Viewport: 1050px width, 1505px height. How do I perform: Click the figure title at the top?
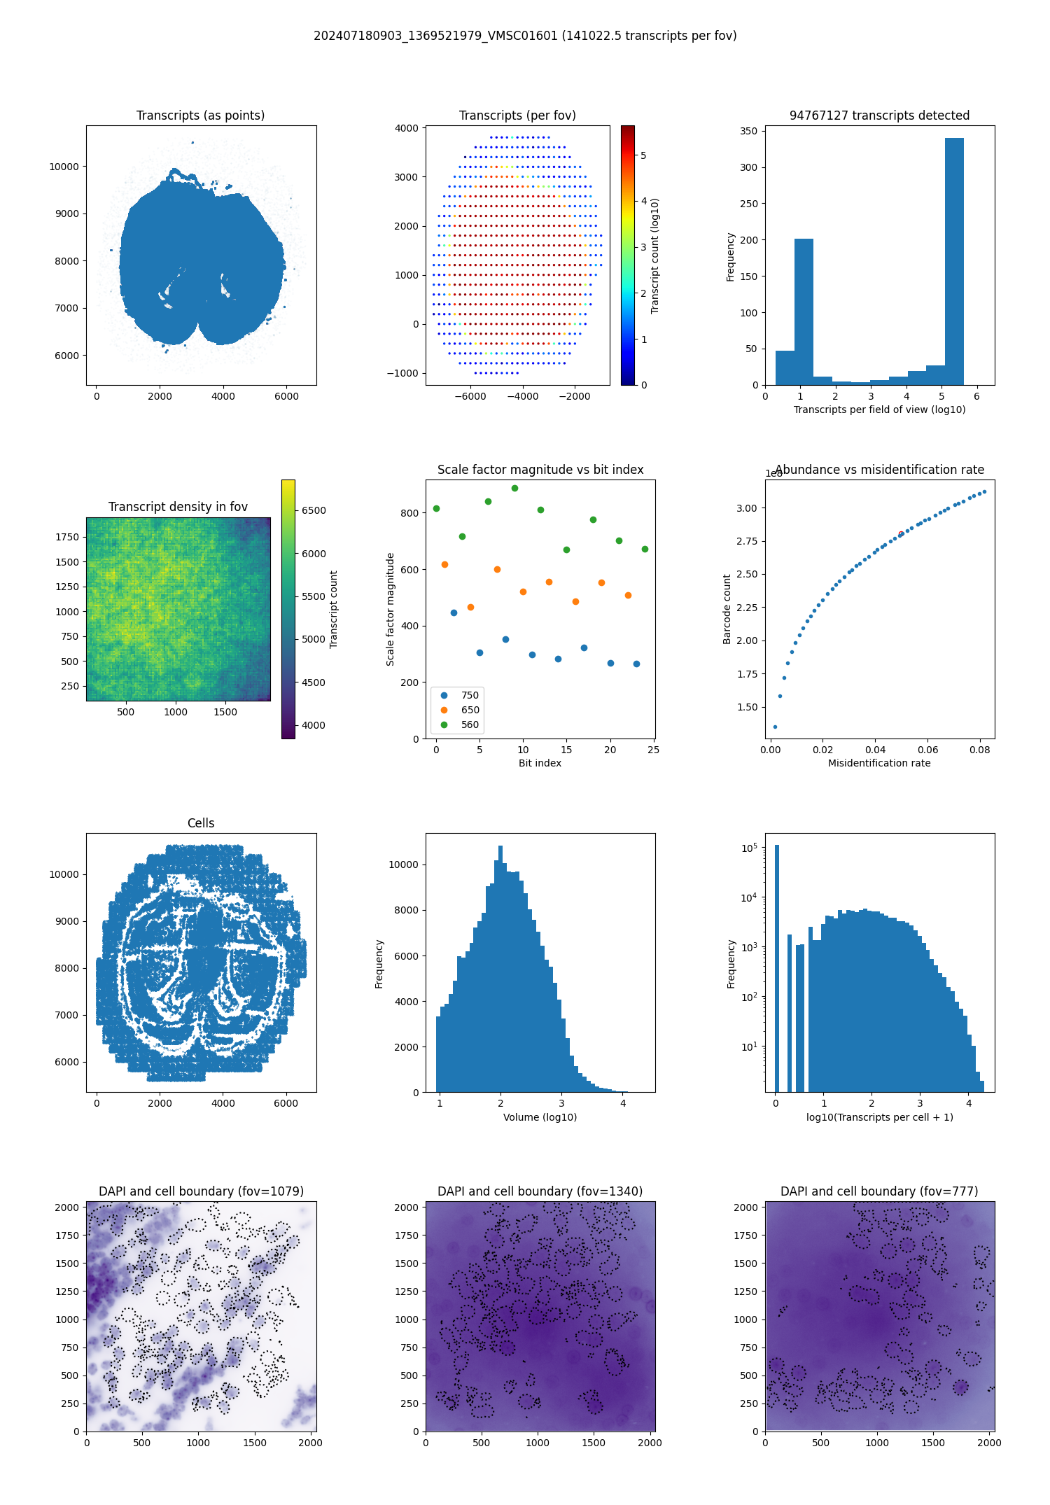(x=525, y=36)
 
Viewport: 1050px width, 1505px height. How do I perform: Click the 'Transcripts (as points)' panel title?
(x=200, y=115)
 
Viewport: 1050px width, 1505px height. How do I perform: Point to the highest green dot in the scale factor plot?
(x=514, y=488)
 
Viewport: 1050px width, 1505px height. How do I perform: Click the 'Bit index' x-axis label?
(x=540, y=763)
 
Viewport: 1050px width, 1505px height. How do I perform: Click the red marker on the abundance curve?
(x=901, y=534)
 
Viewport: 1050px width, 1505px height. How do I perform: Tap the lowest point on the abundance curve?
(x=775, y=727)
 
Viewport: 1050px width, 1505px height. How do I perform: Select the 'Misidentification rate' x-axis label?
(x=879, y=763)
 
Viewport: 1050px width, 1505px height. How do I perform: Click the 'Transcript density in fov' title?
(x=178, y=507)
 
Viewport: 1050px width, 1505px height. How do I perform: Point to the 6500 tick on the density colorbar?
(x=314, y=510)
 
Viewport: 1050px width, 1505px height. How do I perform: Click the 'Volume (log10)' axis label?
(x=540, y=1117)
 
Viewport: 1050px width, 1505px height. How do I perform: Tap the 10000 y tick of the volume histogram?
(x=403, y=864)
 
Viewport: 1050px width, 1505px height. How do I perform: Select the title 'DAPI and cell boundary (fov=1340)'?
(x=540, y=1191)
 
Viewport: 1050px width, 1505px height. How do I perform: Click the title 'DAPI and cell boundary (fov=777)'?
(x=879, y=1191)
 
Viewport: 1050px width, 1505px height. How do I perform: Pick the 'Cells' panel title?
(x=201, y=823)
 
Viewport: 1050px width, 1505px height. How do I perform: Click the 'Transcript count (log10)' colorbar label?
(x=655, y=255)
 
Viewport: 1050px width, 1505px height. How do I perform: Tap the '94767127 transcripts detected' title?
(x=879, y=115)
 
